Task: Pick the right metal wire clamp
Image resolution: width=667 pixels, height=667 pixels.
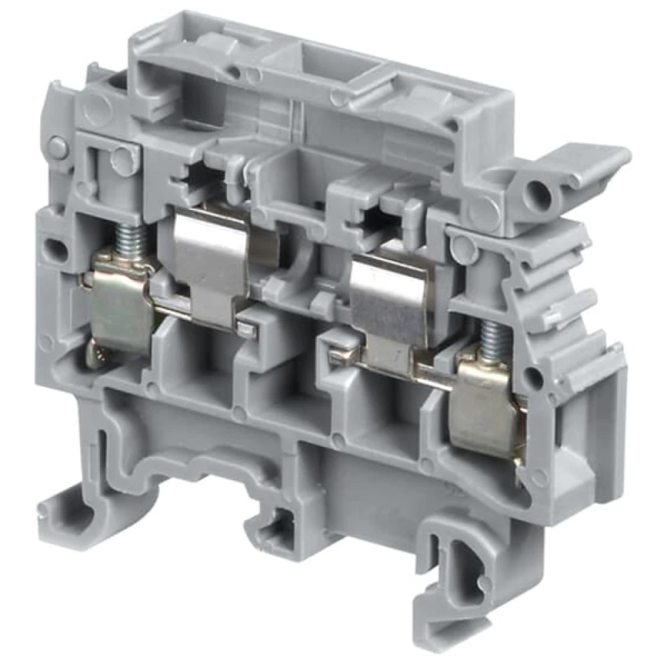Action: [487, 404]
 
